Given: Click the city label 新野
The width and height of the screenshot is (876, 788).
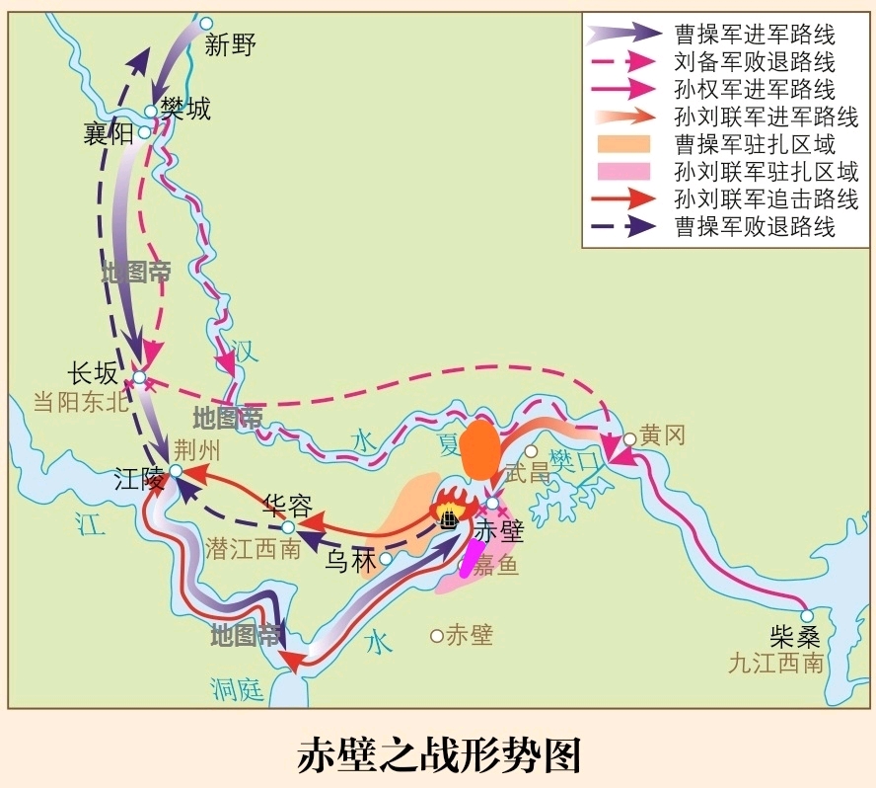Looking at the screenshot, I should coord(230,45).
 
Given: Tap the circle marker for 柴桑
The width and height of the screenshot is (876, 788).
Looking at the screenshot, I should coord(807,616).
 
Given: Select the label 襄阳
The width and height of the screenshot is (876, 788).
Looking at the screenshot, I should coord(109,134).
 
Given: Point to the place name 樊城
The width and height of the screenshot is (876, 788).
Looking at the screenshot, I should coord(185,108).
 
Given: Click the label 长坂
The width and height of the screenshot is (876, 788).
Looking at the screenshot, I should coord(93,373).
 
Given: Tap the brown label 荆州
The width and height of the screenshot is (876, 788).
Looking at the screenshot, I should coord(198,449).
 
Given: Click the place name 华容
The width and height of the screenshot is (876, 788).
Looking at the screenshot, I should coord(288,507).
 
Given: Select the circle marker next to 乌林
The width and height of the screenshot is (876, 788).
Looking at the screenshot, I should coord(386,559).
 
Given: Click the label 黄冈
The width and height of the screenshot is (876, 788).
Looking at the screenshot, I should coord(662,435).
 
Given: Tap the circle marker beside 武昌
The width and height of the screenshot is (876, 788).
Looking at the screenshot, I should coord(531,451).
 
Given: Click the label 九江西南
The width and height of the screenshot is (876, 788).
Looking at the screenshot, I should coord(773,664).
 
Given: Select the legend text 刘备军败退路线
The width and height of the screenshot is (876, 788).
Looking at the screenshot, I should coord(755,61).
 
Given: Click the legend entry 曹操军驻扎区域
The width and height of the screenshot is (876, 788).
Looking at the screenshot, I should coord(755,144).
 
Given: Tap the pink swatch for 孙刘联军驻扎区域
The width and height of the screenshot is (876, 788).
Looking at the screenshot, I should coord(622,172).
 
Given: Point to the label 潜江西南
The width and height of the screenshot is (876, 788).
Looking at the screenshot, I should coord(254,550).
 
